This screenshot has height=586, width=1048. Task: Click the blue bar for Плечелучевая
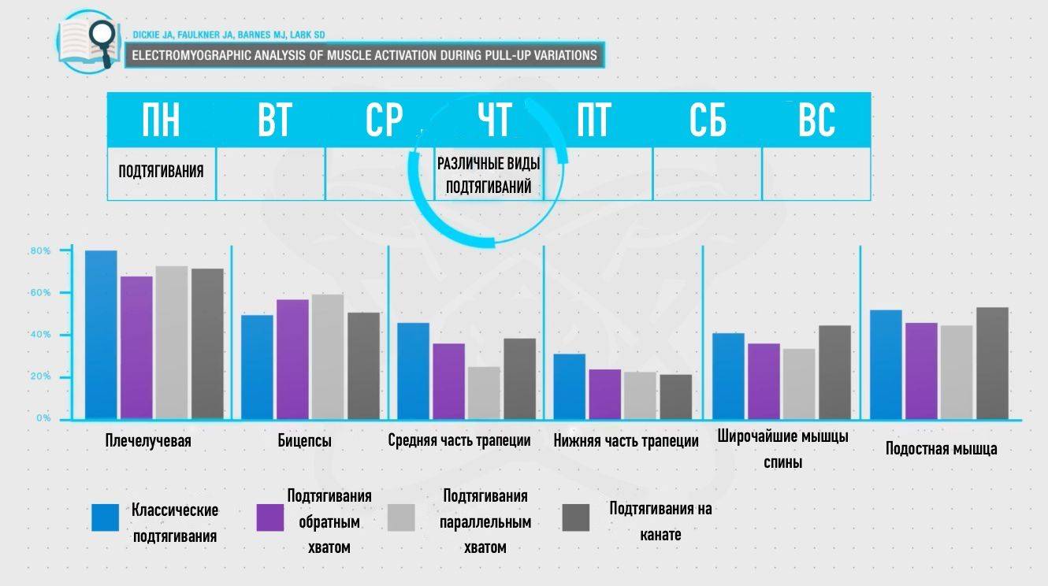click(x=101, y=334)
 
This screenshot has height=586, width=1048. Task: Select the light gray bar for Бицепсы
click(x=327, y=356)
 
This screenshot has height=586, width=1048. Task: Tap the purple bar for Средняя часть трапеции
click(x=448, y=380)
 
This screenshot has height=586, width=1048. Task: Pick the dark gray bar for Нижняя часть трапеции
click(x=675, y=396)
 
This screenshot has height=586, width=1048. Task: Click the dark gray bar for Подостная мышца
click(x=992, y=362)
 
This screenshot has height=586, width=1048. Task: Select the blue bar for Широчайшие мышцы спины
click(x=728, y=376)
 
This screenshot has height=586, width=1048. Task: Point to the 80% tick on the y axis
click(x=40, y=251)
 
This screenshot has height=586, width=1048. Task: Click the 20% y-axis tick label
click(x=40, y=376)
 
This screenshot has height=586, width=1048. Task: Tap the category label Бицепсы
click(x=304, y=441)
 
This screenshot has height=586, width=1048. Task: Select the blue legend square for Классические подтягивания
click(x=106, y=517)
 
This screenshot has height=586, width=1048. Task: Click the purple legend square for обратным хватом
click(x=270, y=517)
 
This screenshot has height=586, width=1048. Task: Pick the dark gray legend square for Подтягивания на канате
click(x=576, y=517)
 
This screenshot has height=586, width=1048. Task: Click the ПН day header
click(x=162, y=121)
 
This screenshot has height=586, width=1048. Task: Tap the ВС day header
click(x=816, y=121)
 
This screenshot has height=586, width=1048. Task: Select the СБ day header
click(x=707, y=121)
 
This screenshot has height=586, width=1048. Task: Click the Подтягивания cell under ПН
click(x=162, y=172)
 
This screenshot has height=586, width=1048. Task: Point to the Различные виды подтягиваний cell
click(x=489, y=176)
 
